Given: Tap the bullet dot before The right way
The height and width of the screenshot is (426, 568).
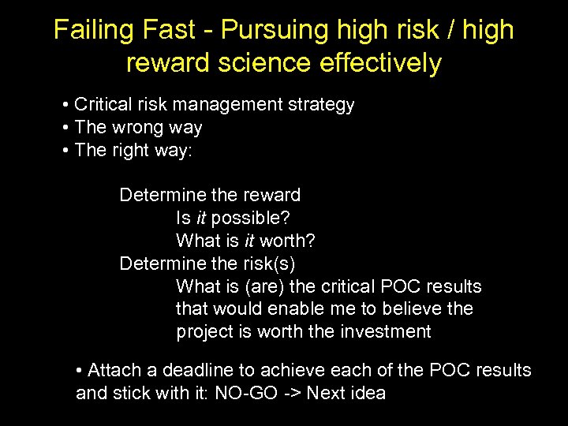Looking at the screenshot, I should pos(66,150).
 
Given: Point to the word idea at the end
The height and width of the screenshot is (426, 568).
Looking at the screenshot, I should pos(367,393).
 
